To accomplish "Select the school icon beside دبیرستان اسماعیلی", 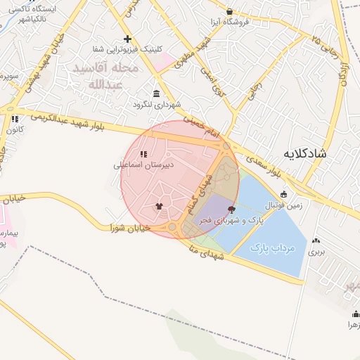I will tap(143, 154).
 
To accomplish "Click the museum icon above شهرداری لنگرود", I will tap(155, 94).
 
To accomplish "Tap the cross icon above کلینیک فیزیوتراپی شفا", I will tap(127, 39).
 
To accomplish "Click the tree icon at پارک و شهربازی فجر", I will tap(232, 209).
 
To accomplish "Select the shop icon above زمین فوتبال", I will tap(283, 194).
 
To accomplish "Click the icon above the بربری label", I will tap(316, 240).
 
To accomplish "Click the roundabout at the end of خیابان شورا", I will tap(172, 227).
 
